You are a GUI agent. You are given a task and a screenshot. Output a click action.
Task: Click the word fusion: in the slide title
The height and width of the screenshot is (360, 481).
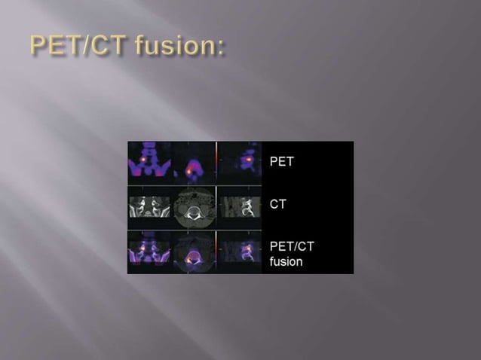(179, 47)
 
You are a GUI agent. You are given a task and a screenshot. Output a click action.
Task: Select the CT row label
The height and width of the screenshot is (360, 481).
(277, 204)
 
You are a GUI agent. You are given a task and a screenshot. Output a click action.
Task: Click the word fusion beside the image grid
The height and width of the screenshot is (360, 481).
(286, 261)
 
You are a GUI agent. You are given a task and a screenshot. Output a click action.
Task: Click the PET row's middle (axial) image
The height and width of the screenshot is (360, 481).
(194, 163)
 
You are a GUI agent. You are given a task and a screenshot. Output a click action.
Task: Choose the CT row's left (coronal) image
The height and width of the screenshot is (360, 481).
(149, 206)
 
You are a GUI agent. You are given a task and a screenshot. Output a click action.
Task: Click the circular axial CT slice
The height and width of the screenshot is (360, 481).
(194, 206)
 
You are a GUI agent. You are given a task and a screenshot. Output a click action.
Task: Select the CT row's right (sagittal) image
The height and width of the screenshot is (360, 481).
(239, 206)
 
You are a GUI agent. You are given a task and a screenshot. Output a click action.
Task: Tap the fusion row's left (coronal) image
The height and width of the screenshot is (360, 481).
(149, 252)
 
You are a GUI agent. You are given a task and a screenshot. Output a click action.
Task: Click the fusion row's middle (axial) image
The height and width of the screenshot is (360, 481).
(194, 252)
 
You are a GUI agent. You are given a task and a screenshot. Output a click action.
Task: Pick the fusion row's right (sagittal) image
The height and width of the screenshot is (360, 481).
(239, 252)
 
